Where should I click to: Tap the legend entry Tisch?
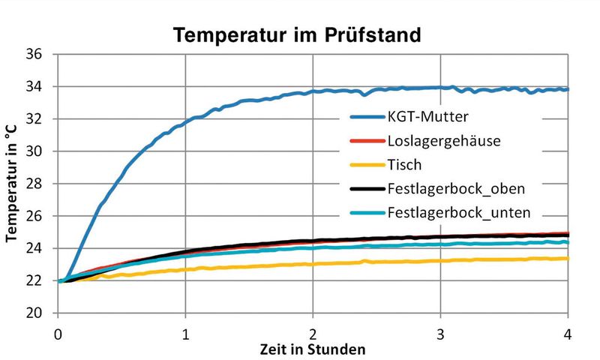(x=404, y=164)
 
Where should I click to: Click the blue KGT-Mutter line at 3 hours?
(x=441, y=87)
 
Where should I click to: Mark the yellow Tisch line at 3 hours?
(x=441, y=260)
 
